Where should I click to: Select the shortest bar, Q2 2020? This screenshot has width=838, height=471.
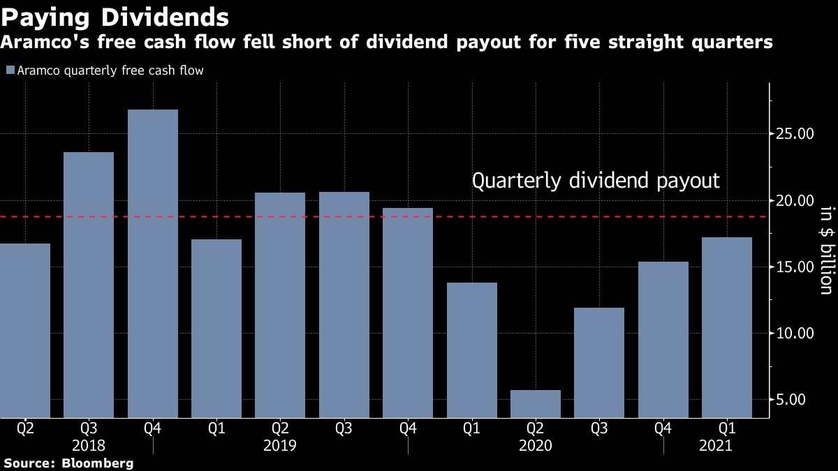(536, 404)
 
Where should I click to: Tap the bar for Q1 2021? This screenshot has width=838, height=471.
(726, 327)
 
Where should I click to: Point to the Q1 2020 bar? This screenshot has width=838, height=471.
(472, 350)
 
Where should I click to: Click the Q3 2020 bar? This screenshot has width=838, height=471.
(599, 362)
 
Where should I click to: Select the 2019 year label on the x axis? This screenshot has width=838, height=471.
(280, 446)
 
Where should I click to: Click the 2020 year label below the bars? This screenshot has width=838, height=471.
(536, 446)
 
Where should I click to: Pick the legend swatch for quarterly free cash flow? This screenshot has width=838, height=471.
(9, 70)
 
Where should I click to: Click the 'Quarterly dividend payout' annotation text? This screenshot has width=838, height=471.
(596, 181)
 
